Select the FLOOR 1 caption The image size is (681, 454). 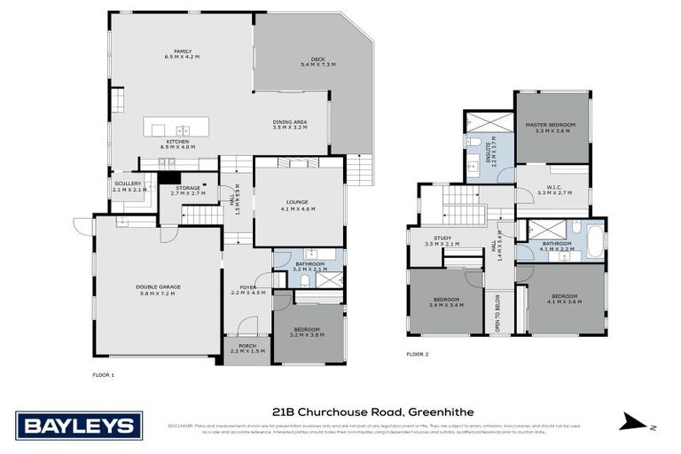(x=104, y=375)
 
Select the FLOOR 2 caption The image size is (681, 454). (x=417, y=354)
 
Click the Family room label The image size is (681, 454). (x=183, y=54)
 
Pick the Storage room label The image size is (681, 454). (x=187, y=190)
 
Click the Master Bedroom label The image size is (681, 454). (x=551, y=127)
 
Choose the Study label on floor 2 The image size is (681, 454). (x=437, y=242)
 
